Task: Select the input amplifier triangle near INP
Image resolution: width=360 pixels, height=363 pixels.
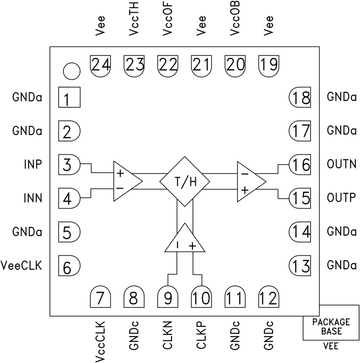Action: [x=125, y=181]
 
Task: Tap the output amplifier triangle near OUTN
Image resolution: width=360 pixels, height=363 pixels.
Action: [x=249, y=181]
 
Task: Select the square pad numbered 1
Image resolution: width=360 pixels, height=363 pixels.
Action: [x=69, y=99]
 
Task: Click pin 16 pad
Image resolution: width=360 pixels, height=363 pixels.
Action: [x=299, y=165]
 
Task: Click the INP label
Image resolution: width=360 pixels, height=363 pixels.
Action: [x=32, y=165]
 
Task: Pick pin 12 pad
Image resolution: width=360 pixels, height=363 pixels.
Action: [x=269, y=296]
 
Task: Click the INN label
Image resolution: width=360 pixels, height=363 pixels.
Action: [x=32, y=198]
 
